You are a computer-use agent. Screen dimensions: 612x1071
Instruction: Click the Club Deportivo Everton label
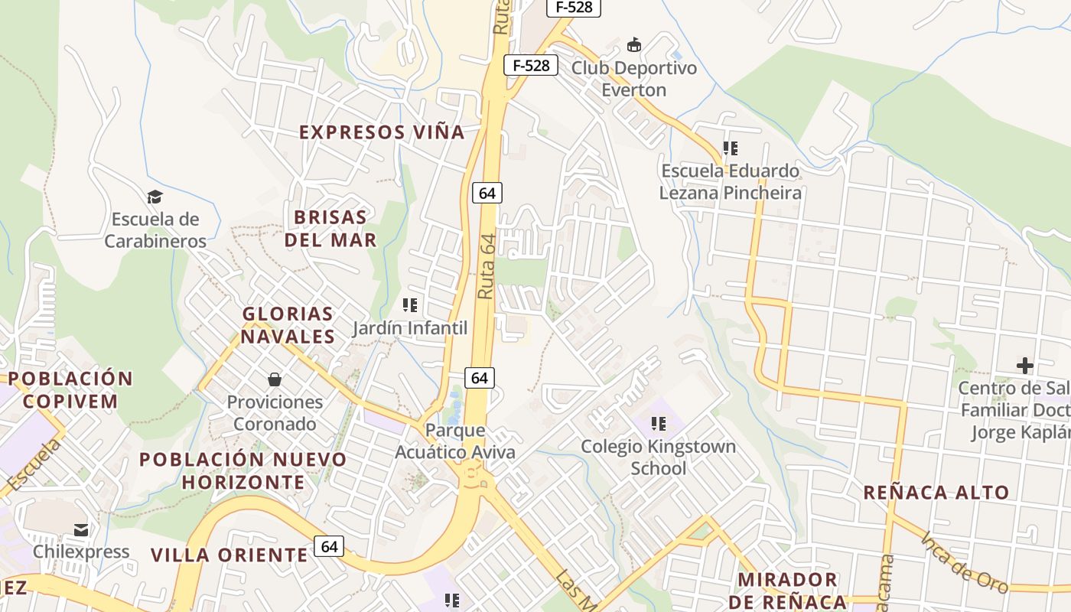pyautogui.click(x=634, y=79)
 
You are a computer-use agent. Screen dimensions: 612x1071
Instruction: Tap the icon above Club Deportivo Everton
pyautogui.click(x=634, y=45)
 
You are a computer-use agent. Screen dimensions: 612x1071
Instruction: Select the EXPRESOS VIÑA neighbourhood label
pyautogui.click(x=382, y=132)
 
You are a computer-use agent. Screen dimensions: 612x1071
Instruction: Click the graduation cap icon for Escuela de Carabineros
pyautogui.click(x=155, y=197)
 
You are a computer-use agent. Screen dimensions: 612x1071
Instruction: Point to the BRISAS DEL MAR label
pyautogui.click(x=330, y=228)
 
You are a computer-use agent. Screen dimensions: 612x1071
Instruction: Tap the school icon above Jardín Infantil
pyautogui.click(x=410, y=305)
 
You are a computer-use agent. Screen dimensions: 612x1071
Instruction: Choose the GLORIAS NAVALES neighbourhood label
pyautogui.click(x=288, y=325)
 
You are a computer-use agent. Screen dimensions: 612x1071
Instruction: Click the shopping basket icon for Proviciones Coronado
pyautogui.click(x=275, y=379)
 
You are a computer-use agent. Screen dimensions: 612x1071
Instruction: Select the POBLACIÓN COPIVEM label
pyautogui.click(x=70, y=389)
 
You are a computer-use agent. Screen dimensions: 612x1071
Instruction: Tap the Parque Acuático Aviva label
pyautogui.click(x=455, y=441)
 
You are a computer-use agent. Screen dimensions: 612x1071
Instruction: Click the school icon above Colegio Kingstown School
pyautogui.click(x=658, y=423)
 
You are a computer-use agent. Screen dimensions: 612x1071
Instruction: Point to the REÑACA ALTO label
pyautogui.click(x=936, y=493)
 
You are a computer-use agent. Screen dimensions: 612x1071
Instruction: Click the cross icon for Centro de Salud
pyautogui.click(x=1024, y=366)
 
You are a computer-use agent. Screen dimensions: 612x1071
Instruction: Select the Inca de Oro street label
pyautogui.click(x=964, y=562)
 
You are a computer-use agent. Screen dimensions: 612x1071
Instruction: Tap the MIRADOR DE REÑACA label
pyautogui.click(x=788, y=591)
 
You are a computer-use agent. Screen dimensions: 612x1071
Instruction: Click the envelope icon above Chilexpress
pyautogui.click(x=81, y=529)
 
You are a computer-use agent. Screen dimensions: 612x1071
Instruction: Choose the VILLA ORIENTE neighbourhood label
pyautogui.click(x=229, y=555)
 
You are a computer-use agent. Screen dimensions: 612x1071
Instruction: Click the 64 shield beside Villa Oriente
pyautogui.click(x=329, y=546)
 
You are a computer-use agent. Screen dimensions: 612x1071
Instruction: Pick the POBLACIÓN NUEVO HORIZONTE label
pyautogui.click(x=243, y=470)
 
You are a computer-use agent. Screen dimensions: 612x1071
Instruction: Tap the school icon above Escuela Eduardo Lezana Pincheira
pyautogui.click(x=731, y=148)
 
